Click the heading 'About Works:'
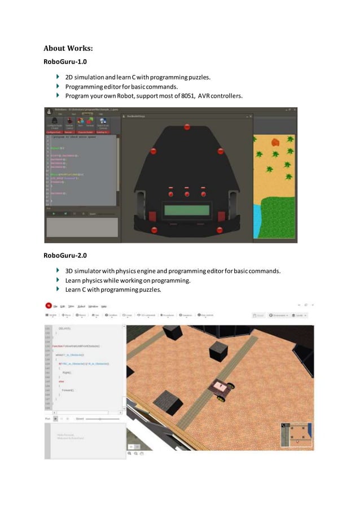(68, 48)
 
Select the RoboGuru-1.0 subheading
(65, 61)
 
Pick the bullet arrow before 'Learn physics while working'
(58, 280)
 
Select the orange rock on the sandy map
(275, 142)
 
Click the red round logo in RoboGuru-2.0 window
(49, 305)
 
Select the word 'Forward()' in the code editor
(68, 390)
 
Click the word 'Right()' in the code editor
(67, 372)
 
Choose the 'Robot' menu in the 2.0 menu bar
(81, 306)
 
